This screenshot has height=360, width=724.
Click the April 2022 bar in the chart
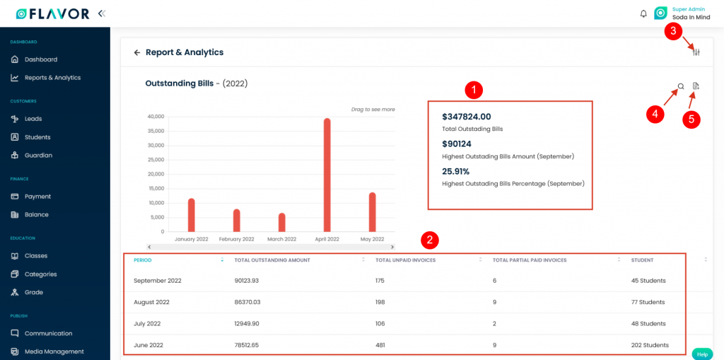pos(327,175)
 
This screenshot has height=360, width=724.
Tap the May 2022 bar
pos(372,212)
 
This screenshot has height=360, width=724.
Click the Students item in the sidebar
pos(37,137)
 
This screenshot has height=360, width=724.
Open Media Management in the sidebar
pos(54,352)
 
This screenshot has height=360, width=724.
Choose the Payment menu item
pos(37,197)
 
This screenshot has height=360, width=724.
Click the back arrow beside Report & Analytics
pos(137,52)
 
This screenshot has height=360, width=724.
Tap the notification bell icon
pos(643,13)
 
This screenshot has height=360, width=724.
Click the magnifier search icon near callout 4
pos(681,86)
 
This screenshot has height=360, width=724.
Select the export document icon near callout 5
pos(696,86)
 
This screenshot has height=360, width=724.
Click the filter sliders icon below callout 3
pos(696,52)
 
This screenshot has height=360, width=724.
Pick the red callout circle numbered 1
pos(474,90)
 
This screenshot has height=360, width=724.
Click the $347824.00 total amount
pos(466,117)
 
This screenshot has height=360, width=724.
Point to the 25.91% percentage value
pos(455,171)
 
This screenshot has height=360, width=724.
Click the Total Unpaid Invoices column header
pos(405,260)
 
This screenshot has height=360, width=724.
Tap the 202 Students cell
pos(650,345)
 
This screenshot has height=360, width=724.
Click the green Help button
pos(701,354)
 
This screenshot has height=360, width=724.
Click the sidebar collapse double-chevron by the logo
pos(102,13)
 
